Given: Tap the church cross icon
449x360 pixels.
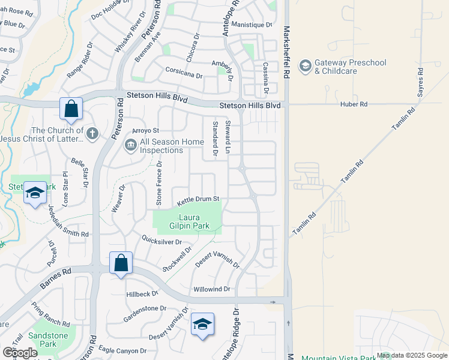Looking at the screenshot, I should click(x=92, y=133).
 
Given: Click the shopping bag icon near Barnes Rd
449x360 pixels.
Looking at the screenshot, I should click(x=121, y=262).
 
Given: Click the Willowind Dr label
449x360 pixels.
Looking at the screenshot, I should click(x=212, y=289).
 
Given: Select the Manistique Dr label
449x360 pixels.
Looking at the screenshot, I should click(x=252, y=25).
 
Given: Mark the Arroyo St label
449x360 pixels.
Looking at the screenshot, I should click(x=145, y=130).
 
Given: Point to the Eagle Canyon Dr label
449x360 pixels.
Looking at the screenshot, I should click(x=122, y=350).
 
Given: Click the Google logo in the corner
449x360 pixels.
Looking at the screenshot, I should click(x=20, y=352).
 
